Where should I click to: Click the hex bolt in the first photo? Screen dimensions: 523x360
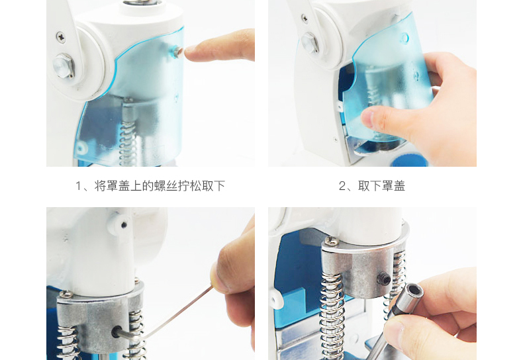(64, 66)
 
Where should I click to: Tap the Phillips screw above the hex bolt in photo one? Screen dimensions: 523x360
(61, 37)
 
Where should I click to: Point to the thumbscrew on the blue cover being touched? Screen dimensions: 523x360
(177, 52)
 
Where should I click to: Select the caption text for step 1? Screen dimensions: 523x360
(150, 186)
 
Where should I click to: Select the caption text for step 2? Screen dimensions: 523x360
(372, 186)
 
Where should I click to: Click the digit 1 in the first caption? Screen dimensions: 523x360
(78, 186)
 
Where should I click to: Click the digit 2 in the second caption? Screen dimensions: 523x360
(342, 186)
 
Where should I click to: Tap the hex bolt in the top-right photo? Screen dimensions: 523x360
(310, 42)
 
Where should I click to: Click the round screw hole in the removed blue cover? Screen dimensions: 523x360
(404, 38)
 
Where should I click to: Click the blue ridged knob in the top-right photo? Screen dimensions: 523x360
(410, 161)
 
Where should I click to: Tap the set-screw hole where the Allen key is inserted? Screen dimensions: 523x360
(117, 332)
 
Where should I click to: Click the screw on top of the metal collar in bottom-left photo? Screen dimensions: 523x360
(66, 294)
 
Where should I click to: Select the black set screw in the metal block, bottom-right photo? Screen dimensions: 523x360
(384, 279)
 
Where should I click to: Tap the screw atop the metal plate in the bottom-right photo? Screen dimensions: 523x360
(332, 240)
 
